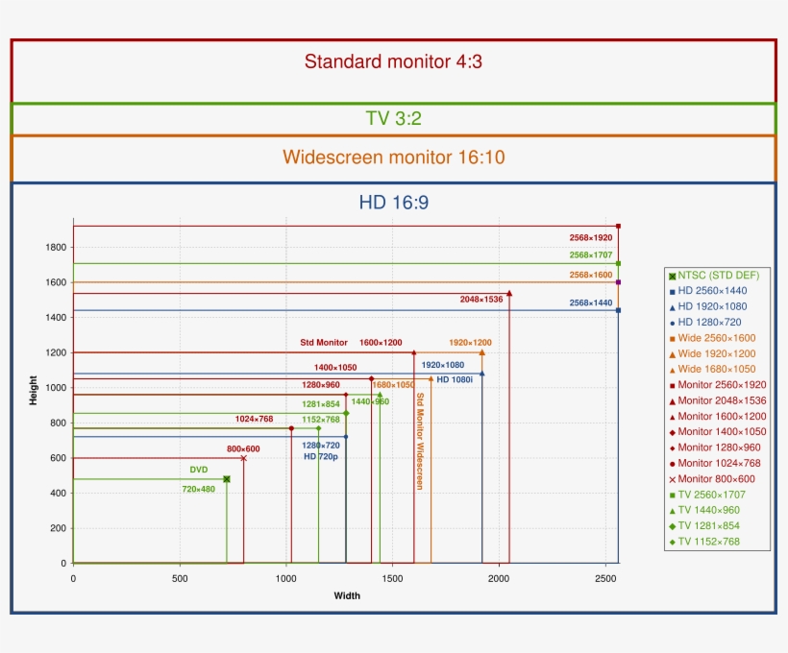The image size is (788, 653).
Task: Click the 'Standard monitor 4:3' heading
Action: pyautogui.click(x=393, y=62)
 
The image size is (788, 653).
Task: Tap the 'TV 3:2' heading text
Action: pyautogui.click(x=393, y=119)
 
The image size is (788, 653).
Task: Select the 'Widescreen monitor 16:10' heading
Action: pyautogui.click(x=393, y=157)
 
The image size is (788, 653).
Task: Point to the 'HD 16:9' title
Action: pyautogui.click(x=393, y=202)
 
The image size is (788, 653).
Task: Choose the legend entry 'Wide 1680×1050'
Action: pyautogui.click(x=717, y=370)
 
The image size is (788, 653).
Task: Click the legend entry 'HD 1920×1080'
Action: pyautogui.click(x=712, y=306)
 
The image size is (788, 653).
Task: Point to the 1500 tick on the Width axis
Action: pyautogui.click(x=392, y=578)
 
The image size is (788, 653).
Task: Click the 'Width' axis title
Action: pyautogui.click(x=347, y=595)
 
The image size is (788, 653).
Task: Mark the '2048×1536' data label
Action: pyautogui.click(x=481, y=300)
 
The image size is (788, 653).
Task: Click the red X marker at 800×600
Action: pyautogui.click(x=243, y=458)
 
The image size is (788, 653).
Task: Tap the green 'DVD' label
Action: pyautogui.click(x=199, y=470)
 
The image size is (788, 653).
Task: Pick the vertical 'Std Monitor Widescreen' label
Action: pyautogui.click(x=420, y=441)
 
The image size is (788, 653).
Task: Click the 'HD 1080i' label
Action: pyautogui.click(x=456, y=379)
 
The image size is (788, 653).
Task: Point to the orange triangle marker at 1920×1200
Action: pyautogui.click(x=481, y=352)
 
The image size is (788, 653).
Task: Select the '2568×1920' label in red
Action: pyautogui.click(x=590, y=236)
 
